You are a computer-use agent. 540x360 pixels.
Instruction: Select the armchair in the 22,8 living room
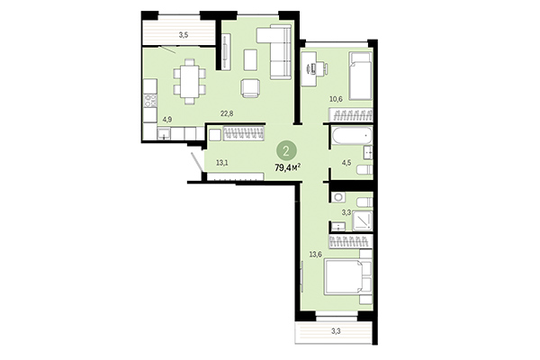click(251, 87)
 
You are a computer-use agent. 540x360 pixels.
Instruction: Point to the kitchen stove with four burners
click(148, 94)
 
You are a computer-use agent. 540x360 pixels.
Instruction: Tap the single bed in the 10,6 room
click(359, 76)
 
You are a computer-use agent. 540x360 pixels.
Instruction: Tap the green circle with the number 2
click(286, 150)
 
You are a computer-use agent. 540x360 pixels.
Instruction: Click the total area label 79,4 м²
click(292, 166)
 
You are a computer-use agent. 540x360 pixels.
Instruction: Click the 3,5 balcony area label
click(183, 35)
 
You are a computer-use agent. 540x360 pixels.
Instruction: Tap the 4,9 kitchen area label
click(166, 118)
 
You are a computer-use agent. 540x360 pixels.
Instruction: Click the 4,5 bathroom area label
click(346, 164)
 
